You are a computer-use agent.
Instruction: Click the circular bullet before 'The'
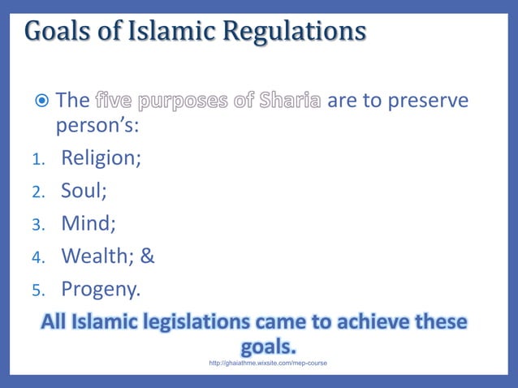click(x=43, y=101)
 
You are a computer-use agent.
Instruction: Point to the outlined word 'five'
click(x=115, y=101)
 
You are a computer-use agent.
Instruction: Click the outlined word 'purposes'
click(x=187, y=101)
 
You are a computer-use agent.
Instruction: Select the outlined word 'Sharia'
click(x=289, y=101)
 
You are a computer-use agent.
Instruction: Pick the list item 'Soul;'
click(x=84, y=190)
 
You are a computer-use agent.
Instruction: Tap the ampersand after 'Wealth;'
click(x=147, y=256)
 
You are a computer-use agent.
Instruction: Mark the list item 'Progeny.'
click(x=101, y=289)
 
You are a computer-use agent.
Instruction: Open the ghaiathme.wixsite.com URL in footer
click(x=268, y=363)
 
